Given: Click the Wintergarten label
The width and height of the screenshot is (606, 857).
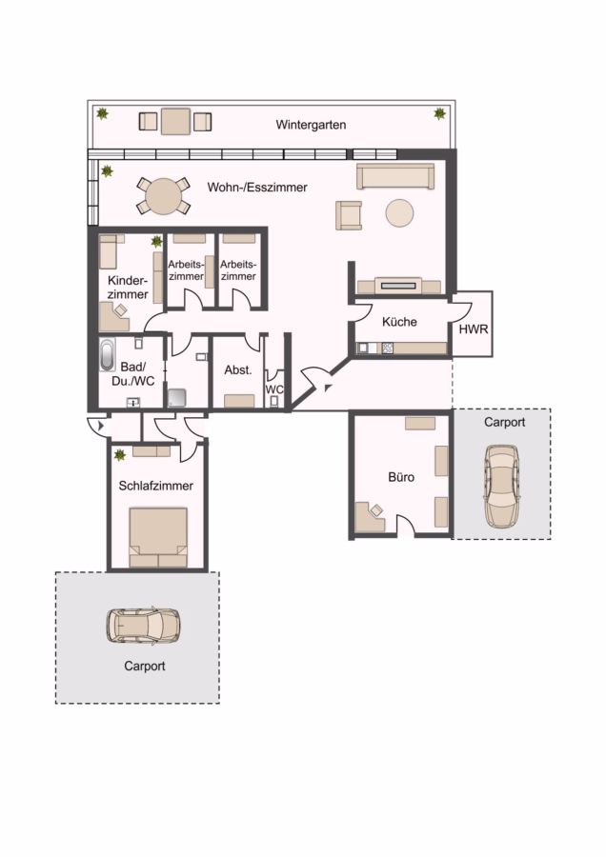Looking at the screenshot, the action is tap(311, 125).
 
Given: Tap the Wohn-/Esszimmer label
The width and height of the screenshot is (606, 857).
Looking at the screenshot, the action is tap(257, 188).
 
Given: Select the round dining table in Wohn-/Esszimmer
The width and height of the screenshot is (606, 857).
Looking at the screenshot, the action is tap(164, 196).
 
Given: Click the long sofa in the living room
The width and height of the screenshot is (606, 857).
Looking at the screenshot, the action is tap(395, 176).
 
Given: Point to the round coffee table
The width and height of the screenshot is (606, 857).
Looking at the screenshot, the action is tap(399, 212).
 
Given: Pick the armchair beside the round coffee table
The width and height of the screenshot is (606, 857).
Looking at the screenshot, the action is tap(349, 215).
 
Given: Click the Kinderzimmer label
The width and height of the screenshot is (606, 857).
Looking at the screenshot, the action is tap(128, 288).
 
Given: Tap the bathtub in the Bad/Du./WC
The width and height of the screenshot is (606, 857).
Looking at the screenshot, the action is tap(108, 355).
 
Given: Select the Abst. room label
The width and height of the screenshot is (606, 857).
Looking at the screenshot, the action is tap(238, 370).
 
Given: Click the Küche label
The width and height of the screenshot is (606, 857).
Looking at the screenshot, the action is tap(399, 322).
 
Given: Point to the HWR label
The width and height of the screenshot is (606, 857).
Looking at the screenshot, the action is tap(474, 329).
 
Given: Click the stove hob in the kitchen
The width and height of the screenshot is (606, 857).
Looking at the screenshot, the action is tap(387, 348).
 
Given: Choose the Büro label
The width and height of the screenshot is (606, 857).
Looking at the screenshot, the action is tap(401, 477).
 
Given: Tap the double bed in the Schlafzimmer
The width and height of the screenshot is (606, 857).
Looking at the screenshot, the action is tap(158, 538).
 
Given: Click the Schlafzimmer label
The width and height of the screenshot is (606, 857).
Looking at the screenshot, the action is tap(156, 486).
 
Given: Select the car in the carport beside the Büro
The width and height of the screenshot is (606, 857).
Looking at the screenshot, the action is tap(501, 487).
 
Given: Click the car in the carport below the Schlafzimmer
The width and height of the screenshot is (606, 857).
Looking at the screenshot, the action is tap(143, 626).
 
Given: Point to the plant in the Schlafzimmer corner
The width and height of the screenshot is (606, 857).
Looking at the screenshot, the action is tap(119, 455).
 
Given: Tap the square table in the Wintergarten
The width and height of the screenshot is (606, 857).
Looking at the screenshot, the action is tap(175, 121).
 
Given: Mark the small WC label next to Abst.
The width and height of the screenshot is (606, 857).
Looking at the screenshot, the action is tap(274, 389).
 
